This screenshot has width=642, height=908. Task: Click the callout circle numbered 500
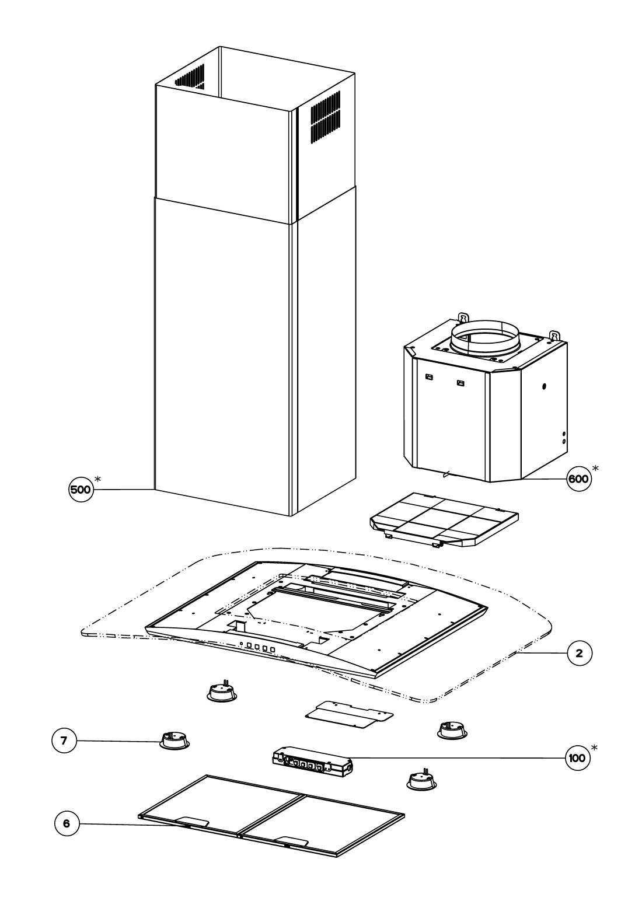[81, 490]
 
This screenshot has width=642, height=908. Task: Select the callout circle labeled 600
[578, 479]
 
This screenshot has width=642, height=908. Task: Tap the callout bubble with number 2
[579, 653]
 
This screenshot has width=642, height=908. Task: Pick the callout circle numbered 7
[64, 741]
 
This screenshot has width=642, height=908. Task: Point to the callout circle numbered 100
[578, 757]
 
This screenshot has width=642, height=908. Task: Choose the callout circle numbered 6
[67, 823]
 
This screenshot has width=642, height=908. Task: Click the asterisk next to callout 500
[97, 479]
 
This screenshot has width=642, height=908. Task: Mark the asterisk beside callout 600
[595, 468]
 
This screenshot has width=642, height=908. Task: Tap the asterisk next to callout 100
[594, 747]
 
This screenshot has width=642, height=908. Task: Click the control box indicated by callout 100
[312, 762]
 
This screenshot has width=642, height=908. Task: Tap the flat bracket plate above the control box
[349, 714]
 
